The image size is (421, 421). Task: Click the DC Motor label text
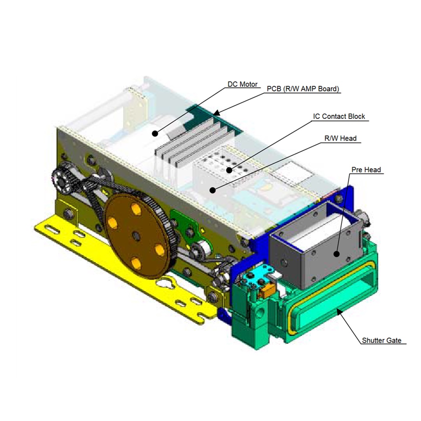242,84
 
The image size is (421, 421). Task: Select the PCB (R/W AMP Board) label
303,89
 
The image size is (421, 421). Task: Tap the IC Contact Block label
339,117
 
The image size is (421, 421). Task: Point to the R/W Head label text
340,138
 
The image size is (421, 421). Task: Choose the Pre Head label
366,170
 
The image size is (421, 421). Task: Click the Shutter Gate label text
382,340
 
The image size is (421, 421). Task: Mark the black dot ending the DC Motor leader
155,133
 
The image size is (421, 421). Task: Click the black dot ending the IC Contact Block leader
229,170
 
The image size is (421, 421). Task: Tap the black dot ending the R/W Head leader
213,190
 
